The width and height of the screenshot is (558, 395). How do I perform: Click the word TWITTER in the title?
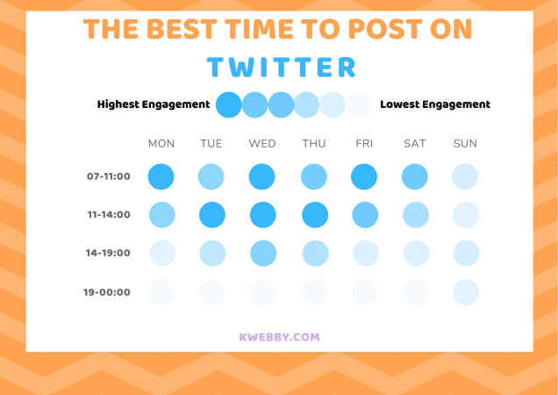coord(282,68)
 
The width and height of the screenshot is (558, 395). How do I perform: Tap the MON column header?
coord(161,144)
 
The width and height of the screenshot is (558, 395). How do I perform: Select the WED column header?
coord(262,144)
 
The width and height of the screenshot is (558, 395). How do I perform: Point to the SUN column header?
coord(465,144)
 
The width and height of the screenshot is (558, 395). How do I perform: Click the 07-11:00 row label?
coord(108,176)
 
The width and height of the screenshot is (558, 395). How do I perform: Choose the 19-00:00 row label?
coord(108,292)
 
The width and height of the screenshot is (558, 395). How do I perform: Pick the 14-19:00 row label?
coord(108,253)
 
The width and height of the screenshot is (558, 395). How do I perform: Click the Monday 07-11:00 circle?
coord(161,177)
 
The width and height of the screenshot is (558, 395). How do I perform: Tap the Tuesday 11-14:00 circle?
coord(212,215)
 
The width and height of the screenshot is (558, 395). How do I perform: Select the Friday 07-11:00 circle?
coord(364,177)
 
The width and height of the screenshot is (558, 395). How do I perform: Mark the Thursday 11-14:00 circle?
coord(315,215)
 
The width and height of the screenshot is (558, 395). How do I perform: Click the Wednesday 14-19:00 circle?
coord(263,254)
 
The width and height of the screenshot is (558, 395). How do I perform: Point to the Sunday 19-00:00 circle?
coord(466,292)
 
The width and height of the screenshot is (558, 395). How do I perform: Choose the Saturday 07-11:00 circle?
coord(415,177)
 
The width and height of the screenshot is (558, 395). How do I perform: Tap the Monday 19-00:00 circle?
coord(161,292)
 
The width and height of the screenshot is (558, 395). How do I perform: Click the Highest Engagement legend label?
coord(154,104)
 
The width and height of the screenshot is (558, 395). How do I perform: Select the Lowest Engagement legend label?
coord(435,104)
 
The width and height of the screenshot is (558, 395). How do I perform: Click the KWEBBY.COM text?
coord(279,336)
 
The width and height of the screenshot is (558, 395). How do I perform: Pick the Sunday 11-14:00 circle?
coord(466,215)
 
